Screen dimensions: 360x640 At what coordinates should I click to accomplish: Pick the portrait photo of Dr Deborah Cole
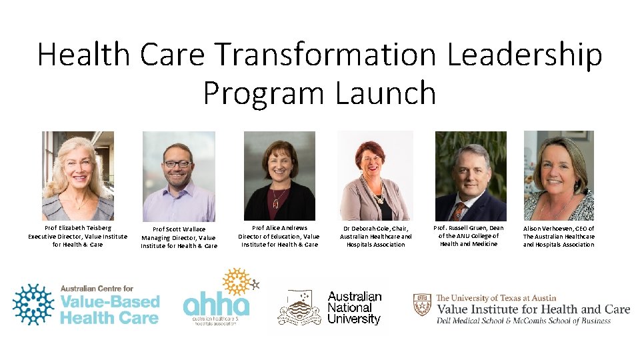[x=375, y=175]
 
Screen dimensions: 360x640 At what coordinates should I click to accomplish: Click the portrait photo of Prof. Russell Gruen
[x=471, y=175]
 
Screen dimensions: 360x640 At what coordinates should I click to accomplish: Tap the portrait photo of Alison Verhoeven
[x=559, y=175]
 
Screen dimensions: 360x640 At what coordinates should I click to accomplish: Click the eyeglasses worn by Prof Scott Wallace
[x=177, y=163]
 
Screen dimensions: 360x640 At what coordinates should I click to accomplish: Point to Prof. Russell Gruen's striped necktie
[x=459, y=211]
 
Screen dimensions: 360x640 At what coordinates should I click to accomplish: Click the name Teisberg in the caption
[x=97, y=227]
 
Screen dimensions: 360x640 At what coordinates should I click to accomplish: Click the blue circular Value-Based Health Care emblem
[x=34, y=305]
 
